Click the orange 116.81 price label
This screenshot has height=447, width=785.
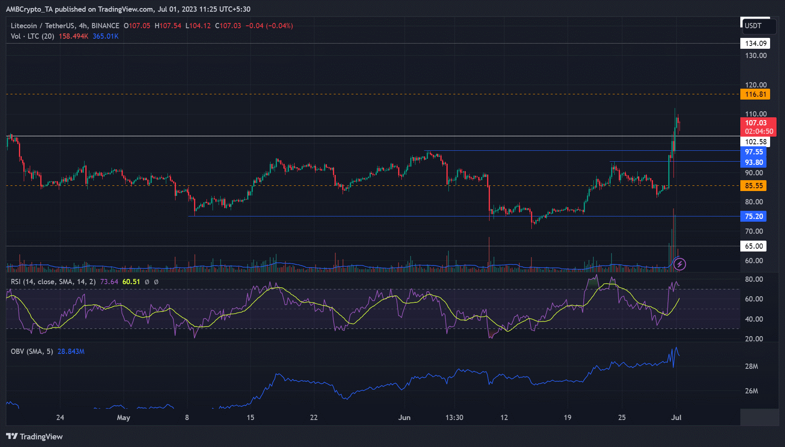tap(755, 94)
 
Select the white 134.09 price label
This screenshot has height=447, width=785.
tap(755, 44)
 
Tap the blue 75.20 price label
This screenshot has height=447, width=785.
tap(753, 216)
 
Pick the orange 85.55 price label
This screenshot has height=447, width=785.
tap(753, 186)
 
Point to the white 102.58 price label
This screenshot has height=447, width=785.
tap(755, 142)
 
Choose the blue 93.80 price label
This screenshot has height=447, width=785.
tap(753, 162)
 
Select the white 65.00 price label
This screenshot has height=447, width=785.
tap(753, 246)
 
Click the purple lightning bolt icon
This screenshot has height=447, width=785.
tap(680, 264)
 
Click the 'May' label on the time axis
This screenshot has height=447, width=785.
tap(123, 418)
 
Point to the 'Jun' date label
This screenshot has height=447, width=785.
tap(404, 418)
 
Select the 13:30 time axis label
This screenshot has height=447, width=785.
tap(454, 418)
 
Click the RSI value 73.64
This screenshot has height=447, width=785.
tap(109, 282)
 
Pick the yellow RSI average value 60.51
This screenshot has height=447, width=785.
tap(131, 282)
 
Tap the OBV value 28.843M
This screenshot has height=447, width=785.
tap(71, 351)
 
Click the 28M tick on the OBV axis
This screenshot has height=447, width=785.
tap(751, 366)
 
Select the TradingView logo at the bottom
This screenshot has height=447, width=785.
tap(35, 437)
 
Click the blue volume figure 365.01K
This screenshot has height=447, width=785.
tap(105, 36)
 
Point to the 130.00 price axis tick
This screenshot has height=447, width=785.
tap(756, 56)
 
